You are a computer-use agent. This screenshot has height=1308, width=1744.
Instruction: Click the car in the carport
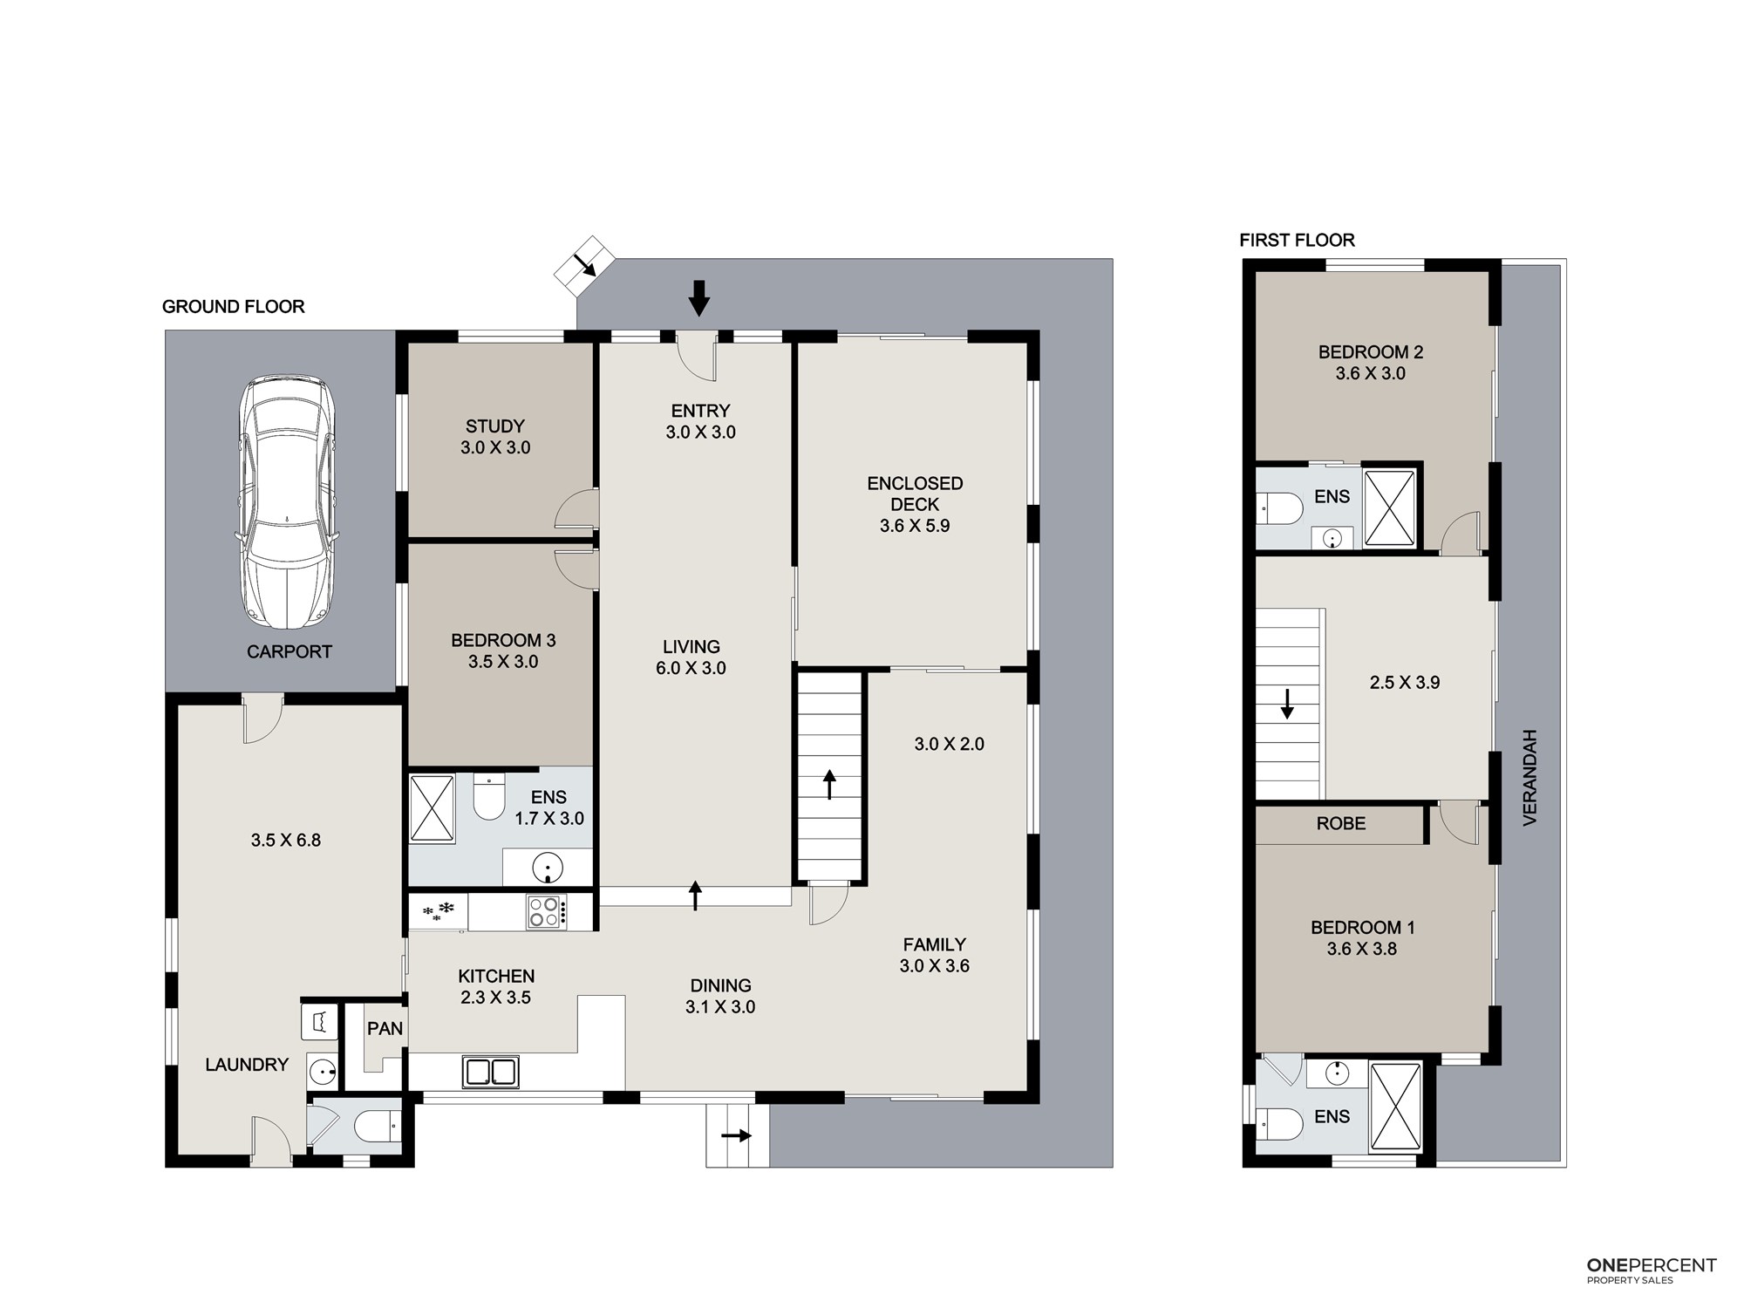tap(286, 501)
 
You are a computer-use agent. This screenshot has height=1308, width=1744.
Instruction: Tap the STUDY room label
tap(495, 426)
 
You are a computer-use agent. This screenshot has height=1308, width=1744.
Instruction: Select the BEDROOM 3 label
tap(503, 640)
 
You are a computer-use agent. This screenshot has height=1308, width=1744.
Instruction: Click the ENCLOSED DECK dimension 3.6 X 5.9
tap(915, 526)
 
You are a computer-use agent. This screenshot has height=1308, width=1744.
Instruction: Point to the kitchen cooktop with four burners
tap(546, 912)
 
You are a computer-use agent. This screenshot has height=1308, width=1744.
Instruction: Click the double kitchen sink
tap(491, 1072)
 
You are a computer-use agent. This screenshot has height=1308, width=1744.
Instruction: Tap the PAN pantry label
tap(385, 1029)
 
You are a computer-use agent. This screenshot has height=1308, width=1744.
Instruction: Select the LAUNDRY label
tap(247, 1065)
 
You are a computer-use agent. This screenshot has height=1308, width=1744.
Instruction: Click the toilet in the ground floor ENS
tap(489, 797)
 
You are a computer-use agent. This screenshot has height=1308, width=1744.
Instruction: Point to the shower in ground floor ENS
tap(433, 808)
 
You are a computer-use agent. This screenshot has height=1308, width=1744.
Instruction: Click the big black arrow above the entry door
tap(698, 297)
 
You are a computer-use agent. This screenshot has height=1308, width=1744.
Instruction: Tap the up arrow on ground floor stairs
tap(829, 785)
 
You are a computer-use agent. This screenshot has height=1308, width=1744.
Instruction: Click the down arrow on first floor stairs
tap(1287, 705)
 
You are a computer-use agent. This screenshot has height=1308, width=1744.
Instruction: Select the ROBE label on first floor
tap(1341, 823)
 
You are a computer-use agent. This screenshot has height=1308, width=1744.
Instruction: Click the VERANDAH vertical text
tap(1529, 777)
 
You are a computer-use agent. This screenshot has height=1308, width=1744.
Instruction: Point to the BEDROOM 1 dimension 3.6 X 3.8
tap(1362, 949)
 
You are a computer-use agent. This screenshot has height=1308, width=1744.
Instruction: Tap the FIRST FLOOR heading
tap(1297, 240)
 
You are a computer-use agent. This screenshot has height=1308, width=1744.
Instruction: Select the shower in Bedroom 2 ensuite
tap(1389, 508)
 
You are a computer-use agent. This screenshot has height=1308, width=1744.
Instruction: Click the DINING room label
tap(720, 985)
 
